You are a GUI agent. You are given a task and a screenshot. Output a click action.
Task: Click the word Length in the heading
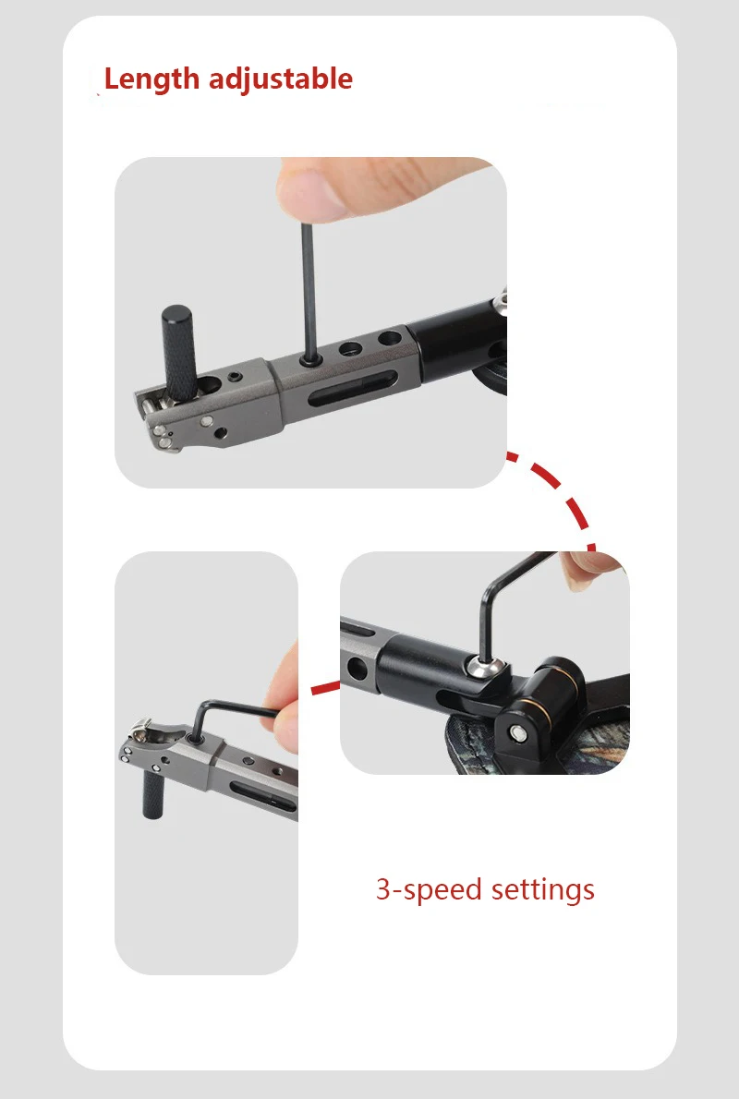click(151, 78)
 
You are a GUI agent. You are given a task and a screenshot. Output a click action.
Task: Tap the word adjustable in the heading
click(281, 78)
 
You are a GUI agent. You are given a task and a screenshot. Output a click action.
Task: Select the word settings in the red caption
click(542, 889)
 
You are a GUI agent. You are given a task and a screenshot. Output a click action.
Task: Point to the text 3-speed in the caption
click(430, 890)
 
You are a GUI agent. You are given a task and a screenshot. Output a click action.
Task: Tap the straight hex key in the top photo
click(309, 290)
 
